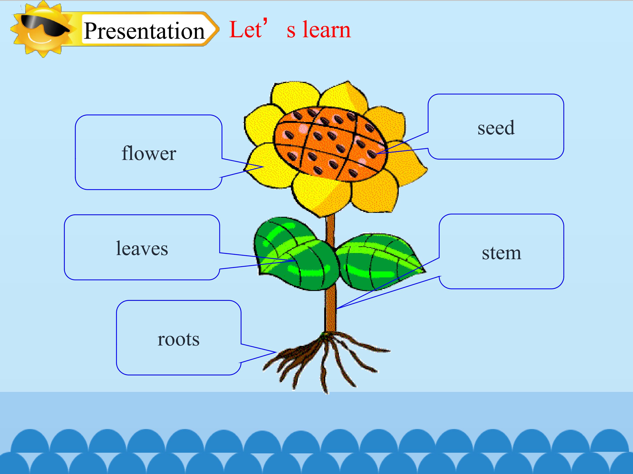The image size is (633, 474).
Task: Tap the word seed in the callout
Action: (496, 127)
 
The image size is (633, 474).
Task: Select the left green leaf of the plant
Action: (295, 254)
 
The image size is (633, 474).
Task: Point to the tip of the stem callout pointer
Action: (337, 309)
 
